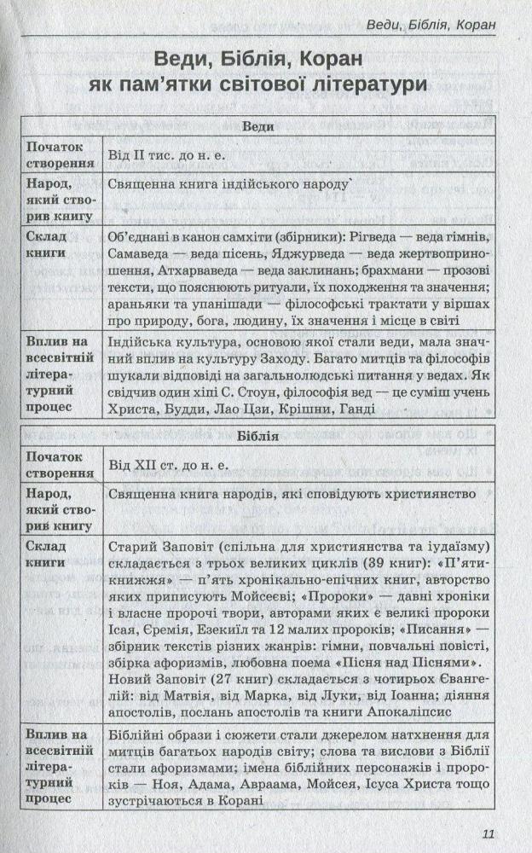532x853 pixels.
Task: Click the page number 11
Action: [488, 834]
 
